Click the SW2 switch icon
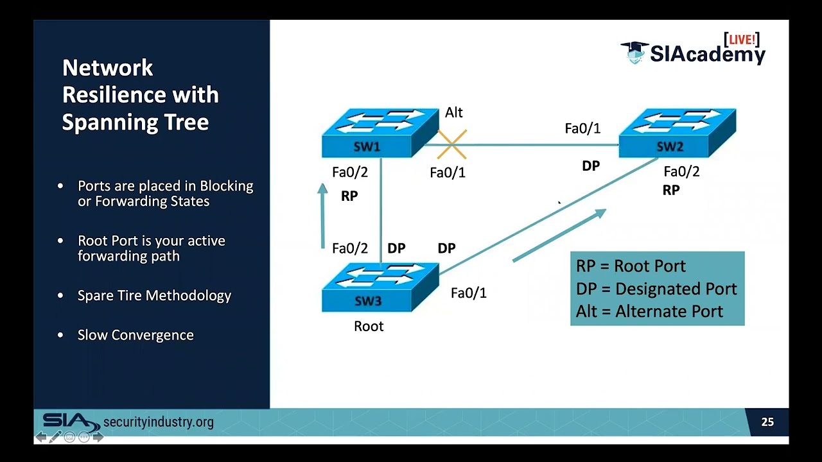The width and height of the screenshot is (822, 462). point(677,133)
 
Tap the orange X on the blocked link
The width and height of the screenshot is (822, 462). point(452,144)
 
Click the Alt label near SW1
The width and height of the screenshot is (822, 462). point(453,113)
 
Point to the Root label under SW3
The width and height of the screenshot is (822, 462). point(369,327)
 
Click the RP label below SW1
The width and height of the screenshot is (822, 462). point(349,196)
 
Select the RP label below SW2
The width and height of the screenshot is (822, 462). point(671,191)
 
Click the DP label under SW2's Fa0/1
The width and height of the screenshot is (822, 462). point(591,166)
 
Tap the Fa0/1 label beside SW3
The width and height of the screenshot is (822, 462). point(469,293)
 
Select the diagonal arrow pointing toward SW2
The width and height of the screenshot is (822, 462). point(559,235)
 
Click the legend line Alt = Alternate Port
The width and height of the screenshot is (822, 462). point(649,312)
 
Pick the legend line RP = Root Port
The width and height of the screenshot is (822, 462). point(631,266)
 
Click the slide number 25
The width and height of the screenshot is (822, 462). point(767,422)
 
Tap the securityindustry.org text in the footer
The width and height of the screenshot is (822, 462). point(158,422)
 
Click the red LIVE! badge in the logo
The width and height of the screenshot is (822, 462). point(742,40)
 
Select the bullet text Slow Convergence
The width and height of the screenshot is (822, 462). point(136,335)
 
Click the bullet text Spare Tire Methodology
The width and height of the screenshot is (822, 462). point(154,296)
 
